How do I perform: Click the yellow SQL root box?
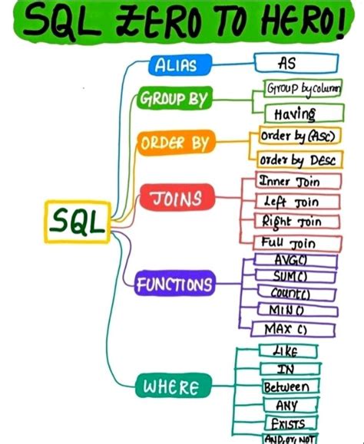[x=76, y=223]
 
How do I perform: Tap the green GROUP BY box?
[x=174, y=100]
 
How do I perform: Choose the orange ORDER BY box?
[x=175, y=143]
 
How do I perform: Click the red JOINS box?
[x=176, y=199]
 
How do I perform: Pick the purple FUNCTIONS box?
[x=175, y=285]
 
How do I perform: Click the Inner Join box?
[x=290, y=182]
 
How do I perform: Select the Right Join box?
[x=290, y=222]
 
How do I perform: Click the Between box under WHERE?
[x=286, y=387]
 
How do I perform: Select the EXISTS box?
[x=286, y=423]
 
